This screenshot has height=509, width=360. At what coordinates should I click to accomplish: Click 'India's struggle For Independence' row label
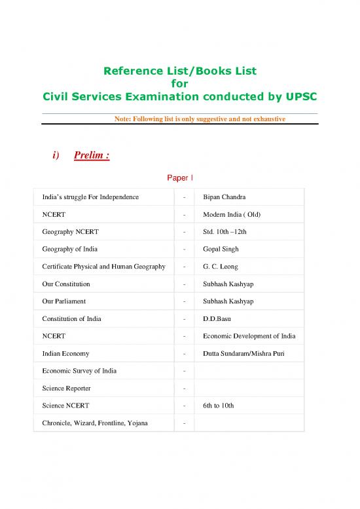[x=87, y=197]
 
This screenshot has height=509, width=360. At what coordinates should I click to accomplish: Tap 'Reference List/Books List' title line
[x=179, y=71]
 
